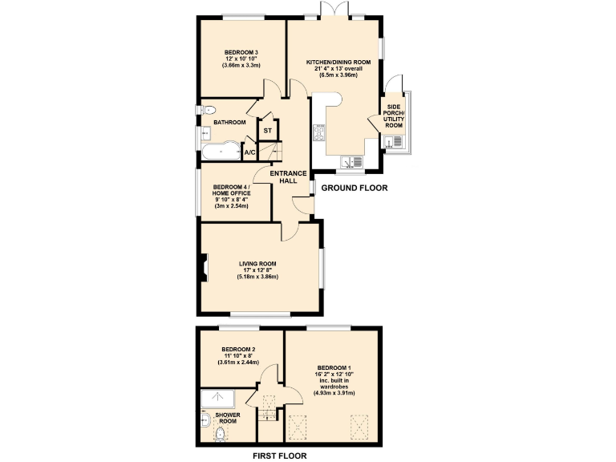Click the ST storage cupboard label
268,130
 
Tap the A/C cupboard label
249,152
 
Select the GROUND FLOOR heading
354,188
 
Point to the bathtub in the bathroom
217,152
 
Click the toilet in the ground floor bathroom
209,110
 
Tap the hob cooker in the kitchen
318,133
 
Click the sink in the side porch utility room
391,143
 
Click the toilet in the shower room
220,434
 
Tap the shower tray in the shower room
217,399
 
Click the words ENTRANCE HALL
288,177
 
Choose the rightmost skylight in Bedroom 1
358,428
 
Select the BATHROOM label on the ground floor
229,123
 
